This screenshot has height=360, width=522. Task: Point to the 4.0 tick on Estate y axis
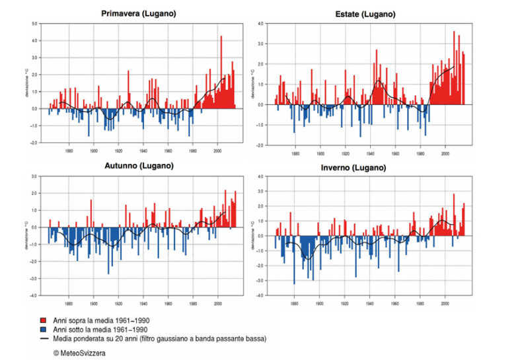pyautogui.click(x=262, y=24)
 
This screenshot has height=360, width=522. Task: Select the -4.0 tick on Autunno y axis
pyautogui.click(x=33, y=295)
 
